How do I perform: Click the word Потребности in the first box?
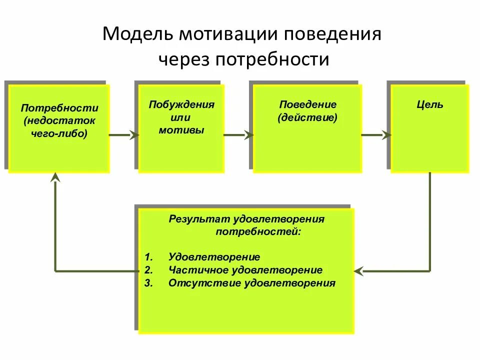[x=59, y=108]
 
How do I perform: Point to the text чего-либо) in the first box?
[x=59, y=133]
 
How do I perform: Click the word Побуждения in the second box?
[x=181, y=104]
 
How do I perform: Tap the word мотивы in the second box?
[x=181, y=130]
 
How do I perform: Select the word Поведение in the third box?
[x=307, y=104]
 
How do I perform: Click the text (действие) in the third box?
[x=307, y=117]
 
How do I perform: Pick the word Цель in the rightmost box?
[x=430, y=105]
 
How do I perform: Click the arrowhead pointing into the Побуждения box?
[x=134, y=134]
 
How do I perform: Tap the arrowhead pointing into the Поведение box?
[x=248, y=134]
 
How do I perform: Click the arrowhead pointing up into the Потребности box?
[x=55, y=176]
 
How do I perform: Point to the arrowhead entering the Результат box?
[x=358, y=271]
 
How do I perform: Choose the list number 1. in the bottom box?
[x=148, y=257]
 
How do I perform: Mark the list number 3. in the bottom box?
[x=148, y=283]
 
